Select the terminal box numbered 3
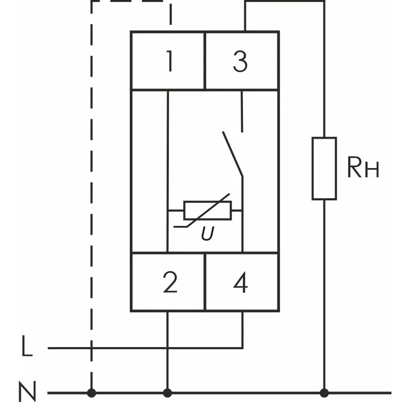tap(241, 61)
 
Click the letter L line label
tap(28, 347)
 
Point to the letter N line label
tap(28, 392)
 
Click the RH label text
tap(363, 169)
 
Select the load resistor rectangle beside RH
tap(324, 168)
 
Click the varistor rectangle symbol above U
tap(207, 210)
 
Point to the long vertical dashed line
tap(91, 201)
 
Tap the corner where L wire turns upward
tap(243, 347)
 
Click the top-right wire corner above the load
tap(324, 2)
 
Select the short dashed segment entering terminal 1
tap(171, 15)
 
